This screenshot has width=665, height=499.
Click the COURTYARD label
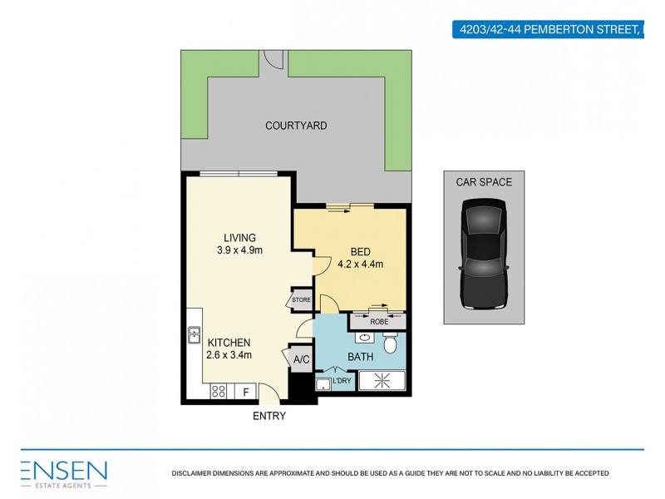[x=296, y=126]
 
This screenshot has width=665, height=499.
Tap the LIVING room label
[x=233, y=238]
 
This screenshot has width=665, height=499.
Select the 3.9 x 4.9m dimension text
[x=234, y=250]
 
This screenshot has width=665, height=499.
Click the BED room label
[x=360, y=252]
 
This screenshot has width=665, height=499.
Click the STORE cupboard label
[x=300, y=300]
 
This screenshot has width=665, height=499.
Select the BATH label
[x=361, y=357]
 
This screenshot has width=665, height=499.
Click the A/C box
[x=300, y=359]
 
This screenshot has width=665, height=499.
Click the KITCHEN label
[x=229, y=342]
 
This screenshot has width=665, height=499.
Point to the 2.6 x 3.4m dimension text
[x=229, y=355]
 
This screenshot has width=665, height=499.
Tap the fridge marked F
[x=245, y=391]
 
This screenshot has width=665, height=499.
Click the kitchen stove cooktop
[x=220, y=390]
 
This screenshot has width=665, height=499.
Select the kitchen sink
[x=193, y=336]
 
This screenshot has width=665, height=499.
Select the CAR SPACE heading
[x=483, y=182]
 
